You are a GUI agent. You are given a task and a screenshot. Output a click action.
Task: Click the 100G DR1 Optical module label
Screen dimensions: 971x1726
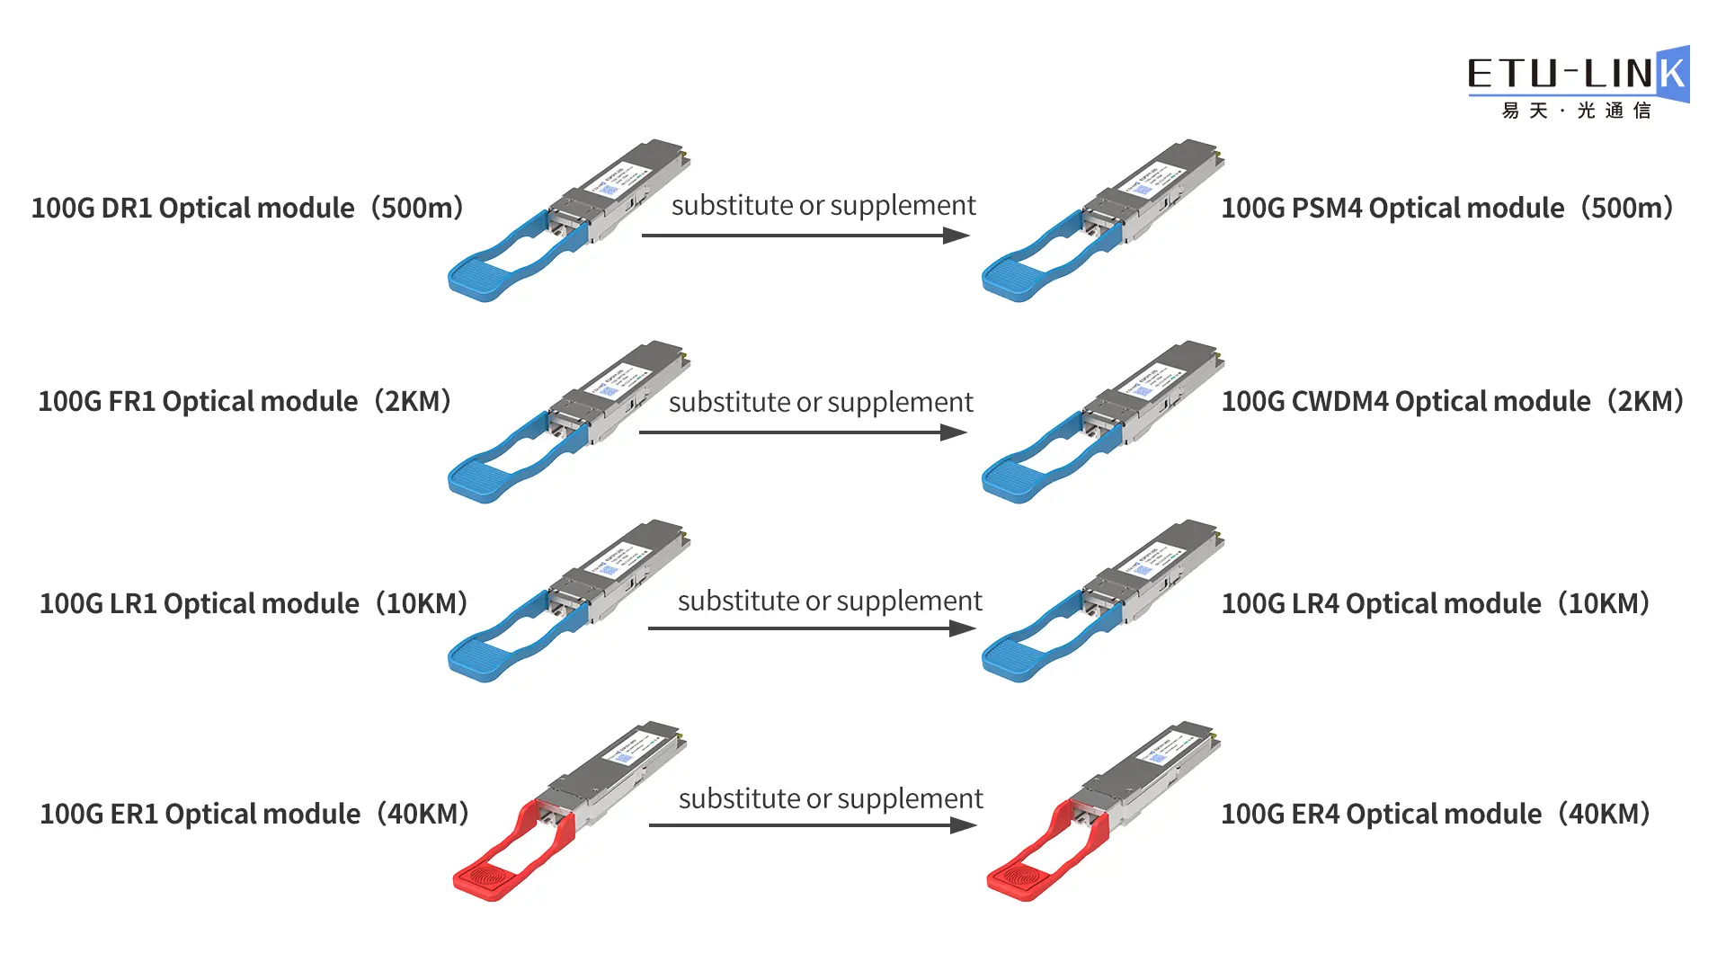coord(247,208)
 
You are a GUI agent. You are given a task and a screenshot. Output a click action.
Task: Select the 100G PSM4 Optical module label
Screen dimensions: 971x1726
coord(1446,208)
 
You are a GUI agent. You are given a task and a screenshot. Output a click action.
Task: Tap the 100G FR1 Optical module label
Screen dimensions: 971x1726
coord(245,401)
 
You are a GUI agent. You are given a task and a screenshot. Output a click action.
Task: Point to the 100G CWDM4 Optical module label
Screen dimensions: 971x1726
coord(1452,401)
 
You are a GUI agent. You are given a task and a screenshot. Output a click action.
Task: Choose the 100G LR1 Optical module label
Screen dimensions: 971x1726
coord(254,603)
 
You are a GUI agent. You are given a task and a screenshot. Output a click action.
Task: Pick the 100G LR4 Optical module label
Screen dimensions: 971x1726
coord(1436,603)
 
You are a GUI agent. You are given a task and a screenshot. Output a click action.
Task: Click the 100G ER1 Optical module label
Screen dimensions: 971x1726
coord(254,814)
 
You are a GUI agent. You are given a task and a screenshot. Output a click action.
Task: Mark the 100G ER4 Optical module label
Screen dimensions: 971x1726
coord(1436,814)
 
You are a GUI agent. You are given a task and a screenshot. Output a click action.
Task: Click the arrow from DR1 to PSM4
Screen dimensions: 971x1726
coord(805,236)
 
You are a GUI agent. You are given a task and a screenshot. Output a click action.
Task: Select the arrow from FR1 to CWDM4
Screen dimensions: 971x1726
coord(802,432)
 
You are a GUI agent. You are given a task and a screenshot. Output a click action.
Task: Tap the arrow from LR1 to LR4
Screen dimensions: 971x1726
coord(811,628)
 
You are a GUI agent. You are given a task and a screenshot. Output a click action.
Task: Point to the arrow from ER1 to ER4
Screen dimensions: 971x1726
coord(812,825)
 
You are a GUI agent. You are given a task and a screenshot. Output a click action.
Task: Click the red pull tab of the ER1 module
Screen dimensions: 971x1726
coord(490,877)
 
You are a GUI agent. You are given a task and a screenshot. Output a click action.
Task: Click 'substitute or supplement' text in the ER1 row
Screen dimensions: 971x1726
coord(831,798)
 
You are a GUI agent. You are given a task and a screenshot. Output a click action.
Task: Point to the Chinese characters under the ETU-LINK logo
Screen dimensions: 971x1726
coord(1576,111)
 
